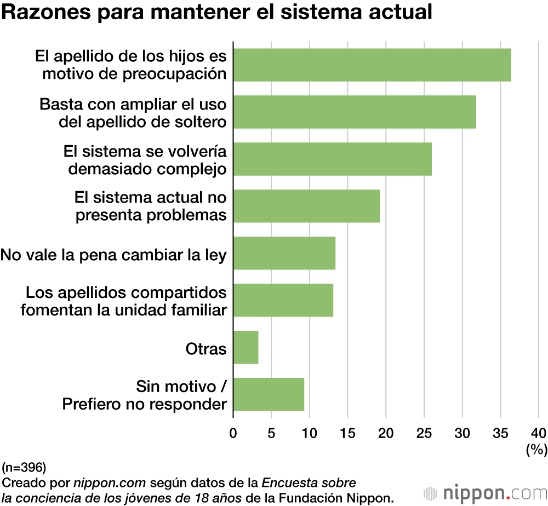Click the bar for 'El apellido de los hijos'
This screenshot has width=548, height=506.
(x=372, y=65)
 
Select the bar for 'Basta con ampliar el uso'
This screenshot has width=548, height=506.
(x=355, y=112)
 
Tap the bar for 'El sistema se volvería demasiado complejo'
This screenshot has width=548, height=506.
(x=333, y=159)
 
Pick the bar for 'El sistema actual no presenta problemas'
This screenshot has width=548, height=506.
(x=306, y=206)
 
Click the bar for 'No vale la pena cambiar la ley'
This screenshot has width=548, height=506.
(x=284, y=254)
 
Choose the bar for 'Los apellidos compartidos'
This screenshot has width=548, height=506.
(x=283, y=301)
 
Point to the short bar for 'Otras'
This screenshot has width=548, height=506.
(x=246, y=348)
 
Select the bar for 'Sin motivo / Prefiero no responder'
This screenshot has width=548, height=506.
(x=269, y=395)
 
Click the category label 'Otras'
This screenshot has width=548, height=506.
(x=206, y=348)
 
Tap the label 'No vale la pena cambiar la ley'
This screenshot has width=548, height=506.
(x=114, y=254)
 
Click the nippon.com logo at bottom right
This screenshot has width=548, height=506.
(x=484, y=491)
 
